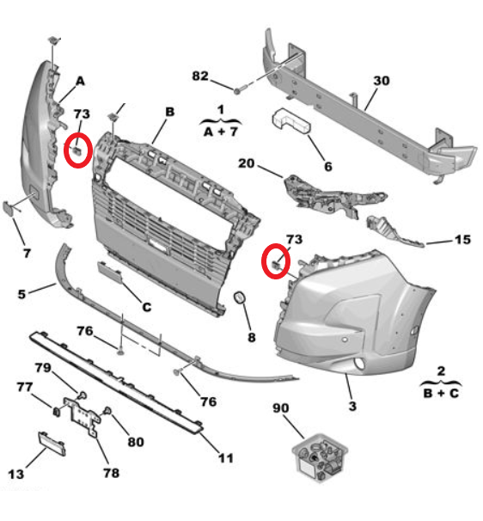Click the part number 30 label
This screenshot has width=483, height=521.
pyautogui.click(x=381, y=81)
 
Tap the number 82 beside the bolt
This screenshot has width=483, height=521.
pyautogui.click(x=200, y=77)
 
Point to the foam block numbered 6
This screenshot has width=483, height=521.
pyautogui.click(x=292, y=122)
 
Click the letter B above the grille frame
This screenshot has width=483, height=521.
pyautogui.click(x=170, y=112)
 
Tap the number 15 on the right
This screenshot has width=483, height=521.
pyautogui.click(x=462, y=240)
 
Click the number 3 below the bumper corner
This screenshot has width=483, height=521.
pyautogui.click(x=351, y=404)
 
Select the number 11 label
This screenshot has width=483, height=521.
pyautogui.click(x=225, y=458)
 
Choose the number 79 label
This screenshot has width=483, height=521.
pyautogui.click(x=66, y=369)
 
